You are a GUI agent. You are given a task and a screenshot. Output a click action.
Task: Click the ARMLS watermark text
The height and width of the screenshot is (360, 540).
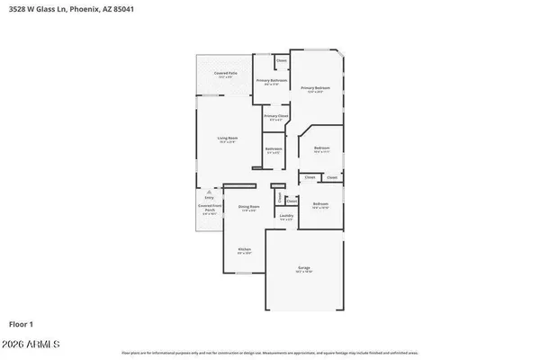point(31,344)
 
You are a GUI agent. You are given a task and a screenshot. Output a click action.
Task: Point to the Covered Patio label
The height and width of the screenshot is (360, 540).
point(225,72)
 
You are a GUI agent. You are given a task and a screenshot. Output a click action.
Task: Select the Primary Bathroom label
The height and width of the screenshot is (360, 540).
point(271,81)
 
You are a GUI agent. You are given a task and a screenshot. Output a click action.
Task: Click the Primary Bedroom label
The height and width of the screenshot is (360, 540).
point(315,87)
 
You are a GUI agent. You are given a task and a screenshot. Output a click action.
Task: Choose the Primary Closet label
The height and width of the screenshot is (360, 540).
point(275,116)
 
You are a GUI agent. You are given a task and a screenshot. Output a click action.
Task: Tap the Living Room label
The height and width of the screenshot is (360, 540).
point(226,138)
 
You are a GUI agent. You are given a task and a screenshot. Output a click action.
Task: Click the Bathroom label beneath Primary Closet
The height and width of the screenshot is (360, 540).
point(274,148)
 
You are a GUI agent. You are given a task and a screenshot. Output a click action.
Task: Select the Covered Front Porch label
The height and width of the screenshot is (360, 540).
point(209,207)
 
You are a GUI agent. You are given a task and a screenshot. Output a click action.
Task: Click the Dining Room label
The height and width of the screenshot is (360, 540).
point(248,207)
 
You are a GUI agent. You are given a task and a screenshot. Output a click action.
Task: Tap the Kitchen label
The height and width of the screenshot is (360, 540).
point(244,249)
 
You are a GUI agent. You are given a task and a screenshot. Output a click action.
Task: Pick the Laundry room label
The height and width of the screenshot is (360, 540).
point(286,215)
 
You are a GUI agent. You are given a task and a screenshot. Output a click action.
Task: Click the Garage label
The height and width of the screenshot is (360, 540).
point(304,266)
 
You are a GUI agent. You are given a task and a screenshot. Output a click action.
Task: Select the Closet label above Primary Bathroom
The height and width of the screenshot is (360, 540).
point(281,61)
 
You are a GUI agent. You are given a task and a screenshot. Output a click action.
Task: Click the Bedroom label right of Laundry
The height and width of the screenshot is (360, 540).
point(320,204)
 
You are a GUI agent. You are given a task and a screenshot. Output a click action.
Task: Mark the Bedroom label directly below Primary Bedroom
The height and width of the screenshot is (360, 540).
point(321,148)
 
